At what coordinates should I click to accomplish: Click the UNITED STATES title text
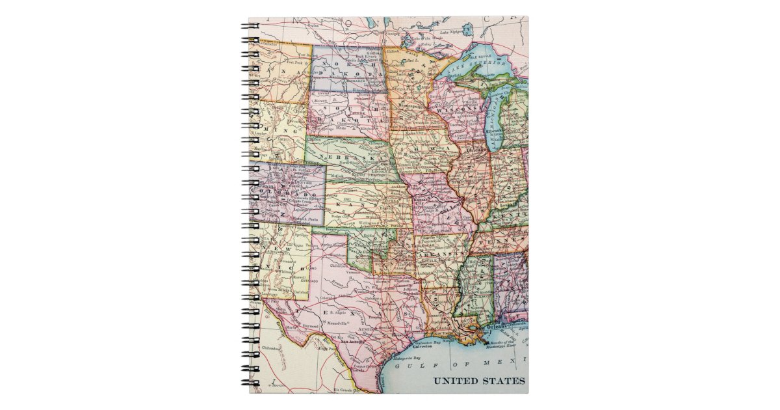[479, 381]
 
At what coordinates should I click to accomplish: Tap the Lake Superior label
[481, 67]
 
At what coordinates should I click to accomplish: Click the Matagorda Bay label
[408, 358]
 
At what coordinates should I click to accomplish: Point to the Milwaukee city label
[493, 130]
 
